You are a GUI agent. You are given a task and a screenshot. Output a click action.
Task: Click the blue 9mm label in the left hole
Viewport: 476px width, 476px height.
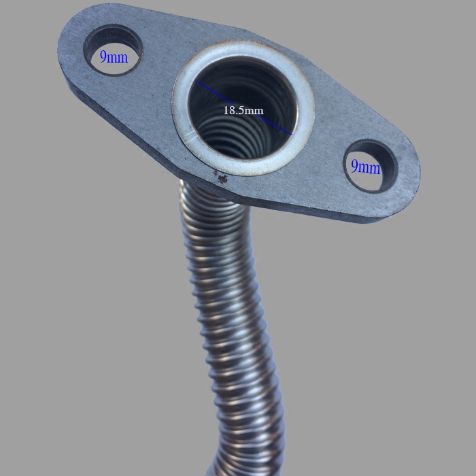pyautogui.click(x=114, y=57)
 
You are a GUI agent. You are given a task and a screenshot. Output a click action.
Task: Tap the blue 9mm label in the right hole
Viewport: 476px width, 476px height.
pyautogui.click(x=366, y=167)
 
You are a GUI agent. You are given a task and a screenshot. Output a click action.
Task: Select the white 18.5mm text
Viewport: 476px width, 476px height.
pyautogui.click(x=243, y=110)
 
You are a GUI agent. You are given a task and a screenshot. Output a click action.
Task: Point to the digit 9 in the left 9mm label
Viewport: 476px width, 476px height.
pyautogui.click(x=103, y=56)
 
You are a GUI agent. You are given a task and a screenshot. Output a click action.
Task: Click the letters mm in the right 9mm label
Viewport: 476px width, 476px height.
pyautogui.click(x=370, y=169)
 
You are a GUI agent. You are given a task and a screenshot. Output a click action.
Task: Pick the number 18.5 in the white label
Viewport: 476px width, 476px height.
pyautogui.click(x=234, y=110)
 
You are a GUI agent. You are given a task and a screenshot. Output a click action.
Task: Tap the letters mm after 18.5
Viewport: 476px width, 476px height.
pyautogui.click(x=254, y=111)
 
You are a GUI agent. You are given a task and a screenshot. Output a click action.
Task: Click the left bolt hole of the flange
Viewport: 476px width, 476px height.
pyautogui.click(x=113, y=50)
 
